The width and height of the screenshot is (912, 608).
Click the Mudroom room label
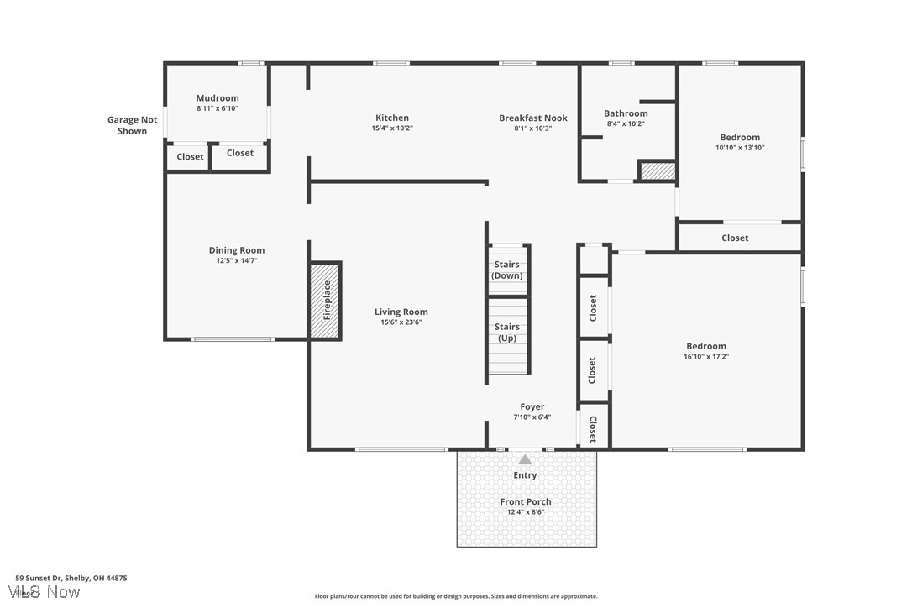point(218,98)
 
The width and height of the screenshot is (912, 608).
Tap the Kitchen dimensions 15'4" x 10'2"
point(392,128)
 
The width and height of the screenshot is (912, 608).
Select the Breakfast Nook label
point(532,118)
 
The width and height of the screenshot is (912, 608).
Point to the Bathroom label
point(626,113)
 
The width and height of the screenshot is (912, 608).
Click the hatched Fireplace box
point(325,301)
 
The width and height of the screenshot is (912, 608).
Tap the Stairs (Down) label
point(506,270)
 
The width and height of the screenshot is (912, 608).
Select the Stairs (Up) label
point(506,333)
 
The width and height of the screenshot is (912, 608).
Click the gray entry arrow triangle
point(525,459)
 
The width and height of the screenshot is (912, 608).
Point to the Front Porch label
point(526,502)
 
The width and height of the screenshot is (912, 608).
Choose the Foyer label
point(532,407)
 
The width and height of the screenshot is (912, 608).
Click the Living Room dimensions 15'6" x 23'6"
point(401,322)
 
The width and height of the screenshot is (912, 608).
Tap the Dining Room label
point(236,250)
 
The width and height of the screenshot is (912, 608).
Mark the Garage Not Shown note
point(132,125)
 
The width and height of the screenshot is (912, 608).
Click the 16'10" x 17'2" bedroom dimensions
point(705,356)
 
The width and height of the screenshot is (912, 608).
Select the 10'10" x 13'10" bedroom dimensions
point(740,148)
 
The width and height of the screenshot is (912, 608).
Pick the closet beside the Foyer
point(593,428)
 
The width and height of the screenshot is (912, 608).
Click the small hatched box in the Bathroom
point(658,170)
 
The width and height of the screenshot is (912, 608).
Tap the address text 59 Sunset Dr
point(71,578)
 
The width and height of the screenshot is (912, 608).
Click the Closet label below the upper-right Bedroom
point(735,238)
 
